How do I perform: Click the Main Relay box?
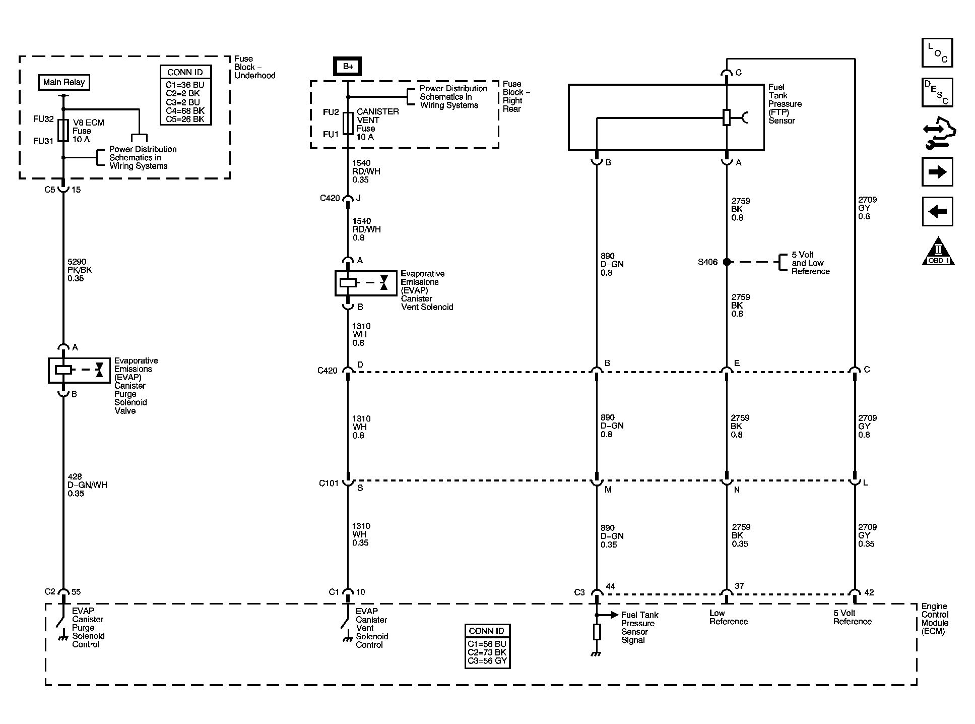64,82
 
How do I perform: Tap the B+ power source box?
348,67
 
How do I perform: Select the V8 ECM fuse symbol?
63,131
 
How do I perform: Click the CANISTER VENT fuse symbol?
348,124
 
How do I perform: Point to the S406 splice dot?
727,262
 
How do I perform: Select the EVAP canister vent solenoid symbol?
365,283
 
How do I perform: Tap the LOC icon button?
937,52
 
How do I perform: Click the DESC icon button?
937,92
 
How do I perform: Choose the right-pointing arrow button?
937,172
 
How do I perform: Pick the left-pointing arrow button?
937,211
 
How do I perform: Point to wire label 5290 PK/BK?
80,270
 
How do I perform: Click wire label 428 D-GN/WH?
87,485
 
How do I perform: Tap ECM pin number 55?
76,592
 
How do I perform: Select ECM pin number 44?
610,586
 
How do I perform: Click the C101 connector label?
329,484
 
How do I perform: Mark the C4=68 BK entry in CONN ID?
185,111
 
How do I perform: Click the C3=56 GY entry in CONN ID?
487,661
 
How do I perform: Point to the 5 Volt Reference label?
852,617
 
